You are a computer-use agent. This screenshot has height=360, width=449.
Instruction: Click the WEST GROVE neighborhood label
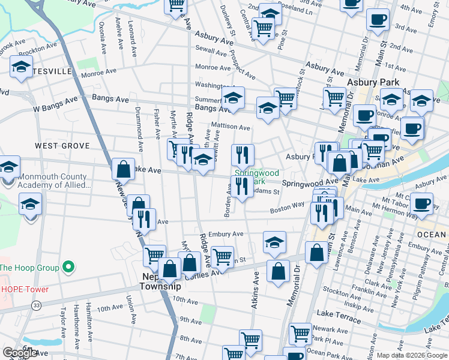click(62, 146)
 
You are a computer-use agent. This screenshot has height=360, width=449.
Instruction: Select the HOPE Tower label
click(24, 289)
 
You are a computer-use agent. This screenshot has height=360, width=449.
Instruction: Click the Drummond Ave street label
click(139, 128)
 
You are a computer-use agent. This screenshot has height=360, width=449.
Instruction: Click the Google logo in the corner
click(20, 353)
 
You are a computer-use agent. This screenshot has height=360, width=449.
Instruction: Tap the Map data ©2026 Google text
click(411, 355)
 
